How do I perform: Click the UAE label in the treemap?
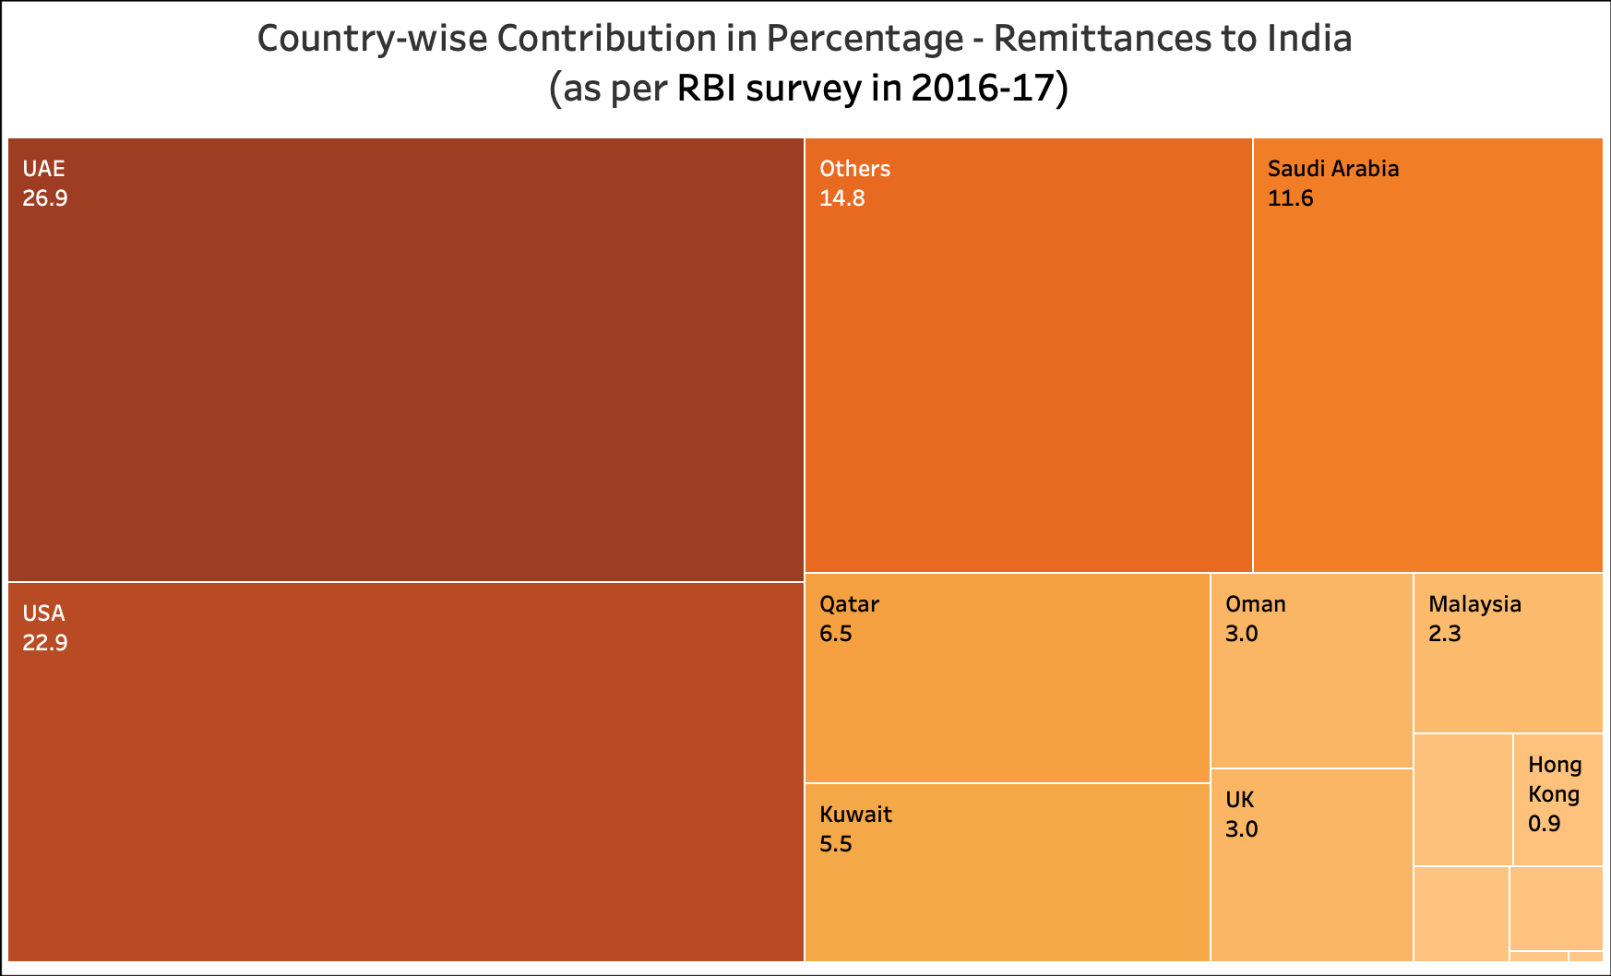pyautogui.click(x=43, y=169)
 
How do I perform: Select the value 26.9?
pyautogui.click(x=45, y=198)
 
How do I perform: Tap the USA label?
pyautogui.click(x=43, y=613)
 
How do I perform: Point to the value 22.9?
pyautogui.click(x=45, y=643)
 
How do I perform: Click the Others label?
pyautogui.click(x=854, y=169)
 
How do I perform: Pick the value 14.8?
pyautogui.click(x=841, y=198)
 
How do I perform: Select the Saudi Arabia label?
pyautogui.click(x=1332, y=169)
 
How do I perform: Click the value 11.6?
pyautogui.click(x=1290, y=198)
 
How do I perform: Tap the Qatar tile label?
pyautogui.click(x=849, y=604)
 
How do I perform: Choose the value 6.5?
pyautogui.click(x=835, y=634)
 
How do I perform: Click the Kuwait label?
pyautogui.click(x=855, y=815)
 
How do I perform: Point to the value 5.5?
pyautogui.click(x=835, y=844)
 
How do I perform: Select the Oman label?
pyautogui.click(x=1255, y=604)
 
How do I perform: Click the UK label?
pyautogui.click(x=1239, y=800)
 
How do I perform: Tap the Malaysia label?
pyautogui.click(x=1474, y=604)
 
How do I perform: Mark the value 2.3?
pyautogui.click(x=1444, y=634)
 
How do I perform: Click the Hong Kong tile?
pyautogui.click(x=1557, y=799)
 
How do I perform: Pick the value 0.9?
pyautogui.click(x=1544, y=824)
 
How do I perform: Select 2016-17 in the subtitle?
pyautogui.click(x=982, y=89)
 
